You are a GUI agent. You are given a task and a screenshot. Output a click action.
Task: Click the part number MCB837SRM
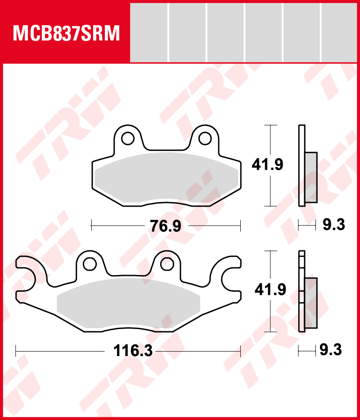point(66,33)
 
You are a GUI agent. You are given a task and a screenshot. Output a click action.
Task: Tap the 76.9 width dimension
point(166,226)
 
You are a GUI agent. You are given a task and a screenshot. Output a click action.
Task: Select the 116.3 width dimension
point(133,351)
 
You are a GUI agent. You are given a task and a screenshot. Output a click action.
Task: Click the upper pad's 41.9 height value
point(267,165)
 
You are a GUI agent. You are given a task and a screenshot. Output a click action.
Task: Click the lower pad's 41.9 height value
point(270,289)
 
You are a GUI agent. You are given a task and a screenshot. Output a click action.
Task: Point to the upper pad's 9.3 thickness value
point(333,225)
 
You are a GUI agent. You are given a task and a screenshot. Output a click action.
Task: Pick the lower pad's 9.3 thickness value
point(331,350)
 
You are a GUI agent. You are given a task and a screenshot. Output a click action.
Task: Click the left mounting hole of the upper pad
point(128,138)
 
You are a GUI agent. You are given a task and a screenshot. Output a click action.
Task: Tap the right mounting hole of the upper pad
point(205,138)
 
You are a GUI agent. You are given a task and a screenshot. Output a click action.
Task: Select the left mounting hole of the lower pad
point(90,264)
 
